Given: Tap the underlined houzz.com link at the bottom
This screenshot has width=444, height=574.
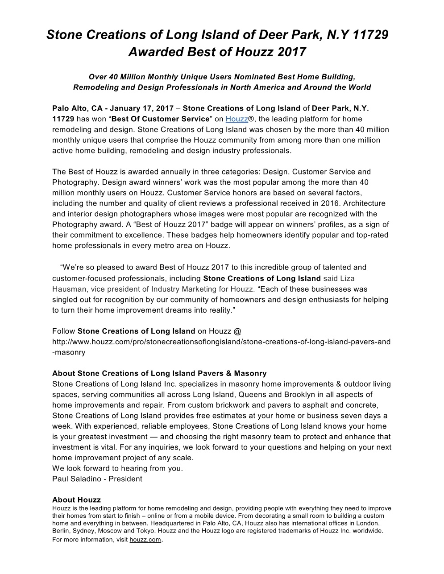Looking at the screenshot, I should tap(145, 540).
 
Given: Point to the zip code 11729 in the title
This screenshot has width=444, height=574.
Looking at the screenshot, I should tap(370, 34).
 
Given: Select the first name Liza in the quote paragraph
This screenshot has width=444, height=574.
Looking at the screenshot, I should tap(348, 278).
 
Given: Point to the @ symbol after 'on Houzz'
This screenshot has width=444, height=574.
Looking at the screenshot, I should tap(237, 331).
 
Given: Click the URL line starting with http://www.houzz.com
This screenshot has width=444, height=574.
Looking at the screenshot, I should tap(221, 342).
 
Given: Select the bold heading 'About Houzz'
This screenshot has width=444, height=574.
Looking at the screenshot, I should tap(76, 500).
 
